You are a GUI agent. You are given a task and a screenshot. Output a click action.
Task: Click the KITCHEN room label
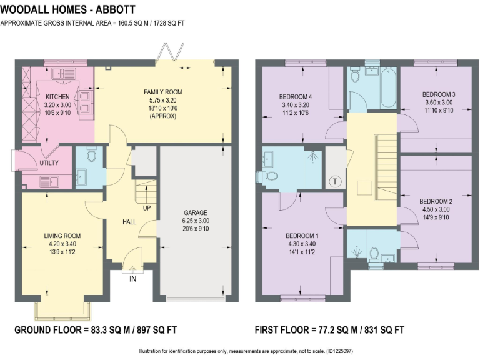(x=57, y=97)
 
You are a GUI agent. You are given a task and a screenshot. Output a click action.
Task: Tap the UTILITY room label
(x=49, y=163)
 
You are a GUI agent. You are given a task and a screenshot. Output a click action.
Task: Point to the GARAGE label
(x=196, y=212)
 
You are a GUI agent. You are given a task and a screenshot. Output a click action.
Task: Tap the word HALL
(x=129, y=222)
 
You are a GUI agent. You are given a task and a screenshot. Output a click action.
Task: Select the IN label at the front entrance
(x=132, y=279)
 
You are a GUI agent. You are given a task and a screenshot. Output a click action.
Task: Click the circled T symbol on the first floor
(x=335, y=181)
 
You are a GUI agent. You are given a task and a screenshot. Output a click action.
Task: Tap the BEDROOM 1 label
(x=302, y=236)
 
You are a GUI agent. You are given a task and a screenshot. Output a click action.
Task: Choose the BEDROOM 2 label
(x=436, y=201)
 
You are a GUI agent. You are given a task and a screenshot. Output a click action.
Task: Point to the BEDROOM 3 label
(x=438, y=94)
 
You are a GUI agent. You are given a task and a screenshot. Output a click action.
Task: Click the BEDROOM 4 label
(x=295, y=97)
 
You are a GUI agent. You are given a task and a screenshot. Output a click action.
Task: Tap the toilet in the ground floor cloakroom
(x=93, y=154)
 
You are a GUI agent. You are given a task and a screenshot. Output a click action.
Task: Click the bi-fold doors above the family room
(x=171, y=53)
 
